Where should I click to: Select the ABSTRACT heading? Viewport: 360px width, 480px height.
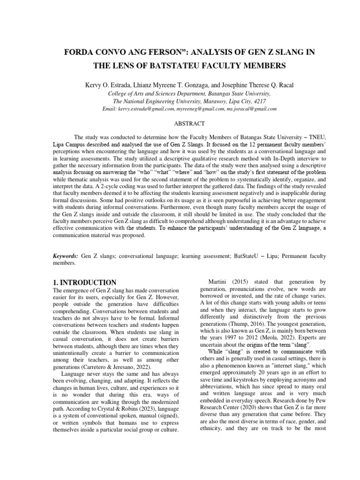pos(180,123)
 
